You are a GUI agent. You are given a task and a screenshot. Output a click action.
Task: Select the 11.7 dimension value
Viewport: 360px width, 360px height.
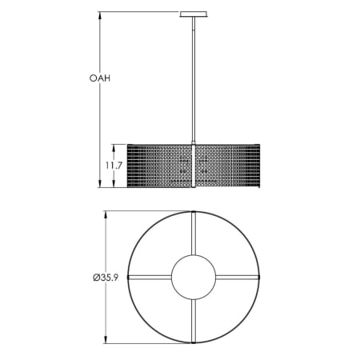coord(112,166)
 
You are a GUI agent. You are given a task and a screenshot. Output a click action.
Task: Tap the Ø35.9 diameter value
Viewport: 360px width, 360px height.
coord(110,278)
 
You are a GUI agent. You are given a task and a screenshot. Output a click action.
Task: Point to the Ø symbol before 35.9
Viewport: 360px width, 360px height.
coord(97,278)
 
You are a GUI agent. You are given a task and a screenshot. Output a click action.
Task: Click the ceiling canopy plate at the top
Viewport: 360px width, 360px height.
coord(194,13)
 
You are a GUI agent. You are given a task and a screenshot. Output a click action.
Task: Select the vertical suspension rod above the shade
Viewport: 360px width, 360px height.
coord(194,80)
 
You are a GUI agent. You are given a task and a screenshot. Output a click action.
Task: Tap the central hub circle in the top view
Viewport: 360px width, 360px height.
coord(194,277)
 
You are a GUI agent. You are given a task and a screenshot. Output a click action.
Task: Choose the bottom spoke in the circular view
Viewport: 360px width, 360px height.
coord(194,320)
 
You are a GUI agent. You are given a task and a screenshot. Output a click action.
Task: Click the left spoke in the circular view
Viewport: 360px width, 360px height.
coord(150,277)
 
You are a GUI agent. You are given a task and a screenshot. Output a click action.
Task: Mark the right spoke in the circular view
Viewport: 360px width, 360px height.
coord(238,277)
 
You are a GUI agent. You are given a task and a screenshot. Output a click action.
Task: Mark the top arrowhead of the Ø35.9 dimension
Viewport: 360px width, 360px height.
coord(106,214)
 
